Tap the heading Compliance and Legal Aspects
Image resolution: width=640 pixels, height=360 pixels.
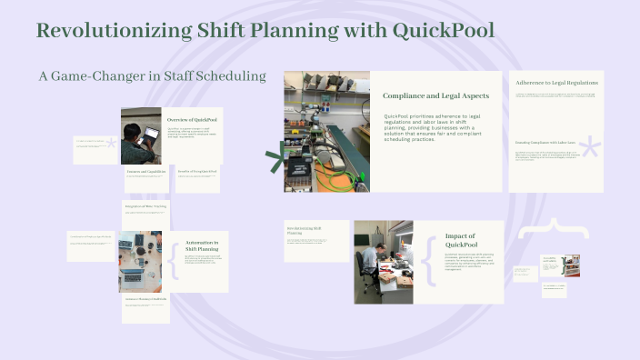point(435,95)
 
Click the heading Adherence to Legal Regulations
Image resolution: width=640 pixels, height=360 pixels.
point(556,83)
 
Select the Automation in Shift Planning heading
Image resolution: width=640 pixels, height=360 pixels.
point(202,245)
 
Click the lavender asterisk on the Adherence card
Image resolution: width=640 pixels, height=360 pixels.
point(590,151)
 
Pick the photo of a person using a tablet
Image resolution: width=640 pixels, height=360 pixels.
point(141,136)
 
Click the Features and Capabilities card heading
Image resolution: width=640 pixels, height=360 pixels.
point(145,171)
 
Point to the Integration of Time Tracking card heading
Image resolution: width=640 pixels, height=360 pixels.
point(145,206)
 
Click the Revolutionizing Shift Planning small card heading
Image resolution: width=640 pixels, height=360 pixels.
point(305,230)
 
